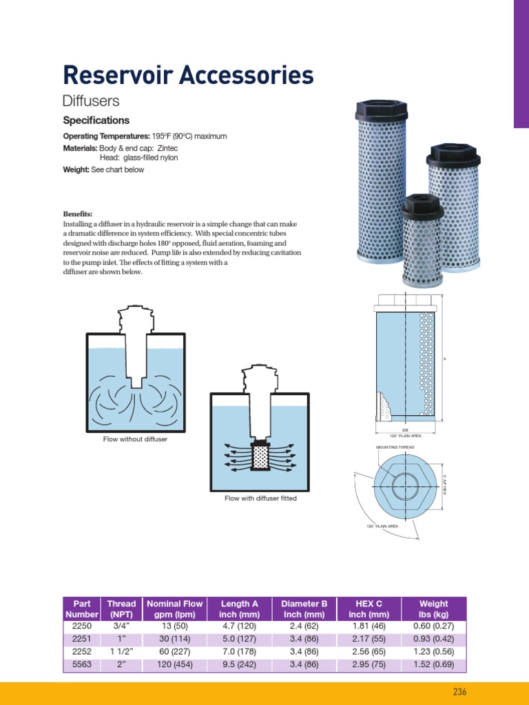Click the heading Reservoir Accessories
pyautogui.click(x=188, y=75)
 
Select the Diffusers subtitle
pyautogui.click(x=91, y=101)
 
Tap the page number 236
pyautogui.click(x=459, y=692)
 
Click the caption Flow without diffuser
pyautogui.click(x=135, y=439)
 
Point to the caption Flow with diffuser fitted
pyautogui.click(x=260, y=498)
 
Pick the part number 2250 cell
pyautogui.click(x=81, y=627)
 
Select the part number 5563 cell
pyautogui.click(x=81, y=665)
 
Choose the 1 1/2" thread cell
pyautogui.click(x=121, y=652)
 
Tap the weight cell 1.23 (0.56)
pyautogui.click(x=433, y=652)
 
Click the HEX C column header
pyautogui.click(x=369, y=609)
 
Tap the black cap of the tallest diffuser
pyautogui.click(x=378, y=112)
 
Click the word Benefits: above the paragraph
pyautogui.click(x=78, y=214)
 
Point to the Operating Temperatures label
pyautogui.click(x=106, y=136)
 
